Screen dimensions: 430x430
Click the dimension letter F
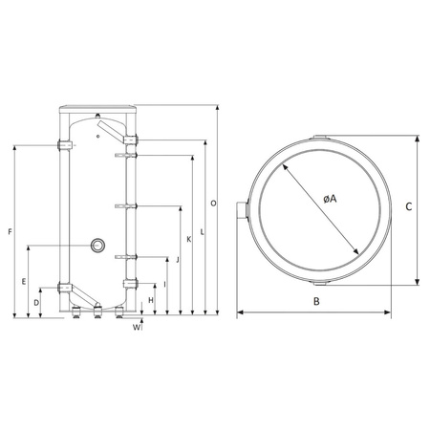tap(9, 232)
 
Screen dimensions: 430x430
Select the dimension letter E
tap(22, 281)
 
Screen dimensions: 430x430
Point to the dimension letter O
tap(212, 204)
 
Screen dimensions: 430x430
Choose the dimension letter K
tap(189, 239)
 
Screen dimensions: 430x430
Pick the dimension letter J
tap(178, 259)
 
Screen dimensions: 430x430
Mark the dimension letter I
tap(165, 284)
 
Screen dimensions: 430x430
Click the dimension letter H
tap(152, 300)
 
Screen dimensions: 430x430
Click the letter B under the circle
tap(315, 302)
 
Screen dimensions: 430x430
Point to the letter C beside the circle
tap(409, 205)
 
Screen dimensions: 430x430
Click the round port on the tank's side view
tap(97, 246)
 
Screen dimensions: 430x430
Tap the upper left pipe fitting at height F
tap(65, 145)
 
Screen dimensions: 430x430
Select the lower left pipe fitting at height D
tap(65, 288)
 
